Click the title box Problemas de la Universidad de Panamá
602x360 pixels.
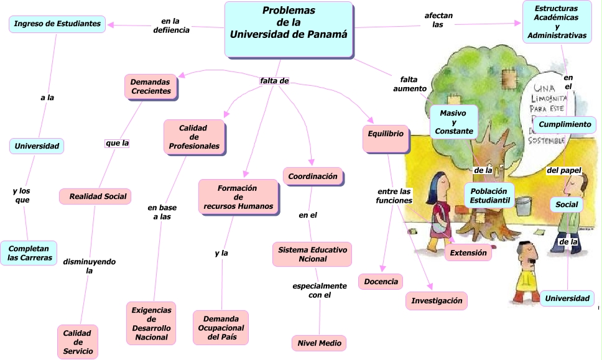click(289, 28)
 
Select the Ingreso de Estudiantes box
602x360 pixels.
click(57, 24)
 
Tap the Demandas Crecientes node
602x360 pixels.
click(151, 86)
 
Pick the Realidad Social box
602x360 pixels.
click(98, 196)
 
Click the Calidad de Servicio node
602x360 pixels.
click(78, 342)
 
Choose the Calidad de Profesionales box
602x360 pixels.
click(193, 137)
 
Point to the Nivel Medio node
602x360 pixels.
click(318, 343)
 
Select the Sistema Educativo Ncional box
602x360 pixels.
click(312, 254)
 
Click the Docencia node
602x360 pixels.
click(381, 282)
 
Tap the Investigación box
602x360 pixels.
click(437, 301)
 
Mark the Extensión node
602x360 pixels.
click(468, 252)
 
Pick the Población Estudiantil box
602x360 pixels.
click(489, 195)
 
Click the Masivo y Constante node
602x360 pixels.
click(454, 122)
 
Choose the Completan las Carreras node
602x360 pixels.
click(29, 253)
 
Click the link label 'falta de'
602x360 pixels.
click(274, 81)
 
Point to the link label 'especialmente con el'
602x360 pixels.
click(319, 290)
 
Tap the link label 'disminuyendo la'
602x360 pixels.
click(89, 266)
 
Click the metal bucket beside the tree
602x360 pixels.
click(522, 203)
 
